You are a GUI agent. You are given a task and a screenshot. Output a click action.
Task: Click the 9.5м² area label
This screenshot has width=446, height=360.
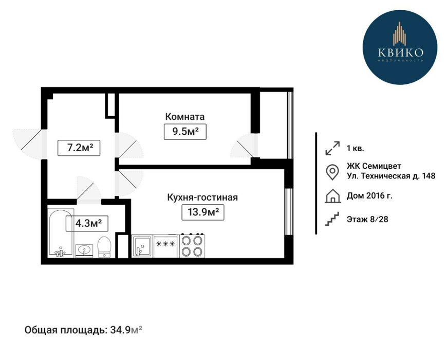point(185,132)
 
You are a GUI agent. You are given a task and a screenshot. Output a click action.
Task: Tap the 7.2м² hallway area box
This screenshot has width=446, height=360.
point(80,148)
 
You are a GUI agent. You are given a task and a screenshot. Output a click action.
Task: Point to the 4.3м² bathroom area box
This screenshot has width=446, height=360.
point(88,223)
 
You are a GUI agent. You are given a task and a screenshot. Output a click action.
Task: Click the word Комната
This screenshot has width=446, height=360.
point(184,116)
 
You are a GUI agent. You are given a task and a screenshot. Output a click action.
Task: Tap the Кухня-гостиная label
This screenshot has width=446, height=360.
point(202,197)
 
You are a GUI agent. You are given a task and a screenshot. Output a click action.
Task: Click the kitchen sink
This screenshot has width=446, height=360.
point(141,246)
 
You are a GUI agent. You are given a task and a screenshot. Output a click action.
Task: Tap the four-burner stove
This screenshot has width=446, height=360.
point(192,246)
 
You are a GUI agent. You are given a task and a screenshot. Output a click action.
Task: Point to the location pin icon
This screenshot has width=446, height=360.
point(332,172)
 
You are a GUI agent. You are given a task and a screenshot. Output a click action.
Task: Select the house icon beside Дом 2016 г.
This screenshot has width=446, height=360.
point(332,196)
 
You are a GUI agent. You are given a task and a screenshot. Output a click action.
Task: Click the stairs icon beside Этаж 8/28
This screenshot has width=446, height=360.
point(332,220)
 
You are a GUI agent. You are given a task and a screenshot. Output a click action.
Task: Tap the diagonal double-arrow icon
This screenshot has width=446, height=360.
point(332,149)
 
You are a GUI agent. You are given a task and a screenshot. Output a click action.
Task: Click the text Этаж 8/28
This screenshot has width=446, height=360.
point(368,220)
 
